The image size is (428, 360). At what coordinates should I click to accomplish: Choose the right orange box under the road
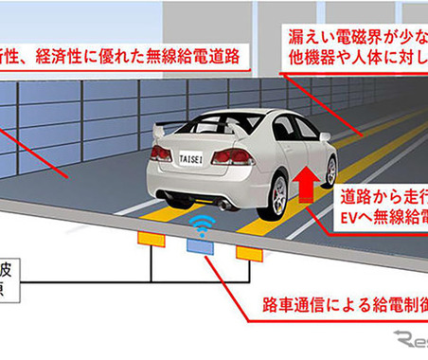248,253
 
